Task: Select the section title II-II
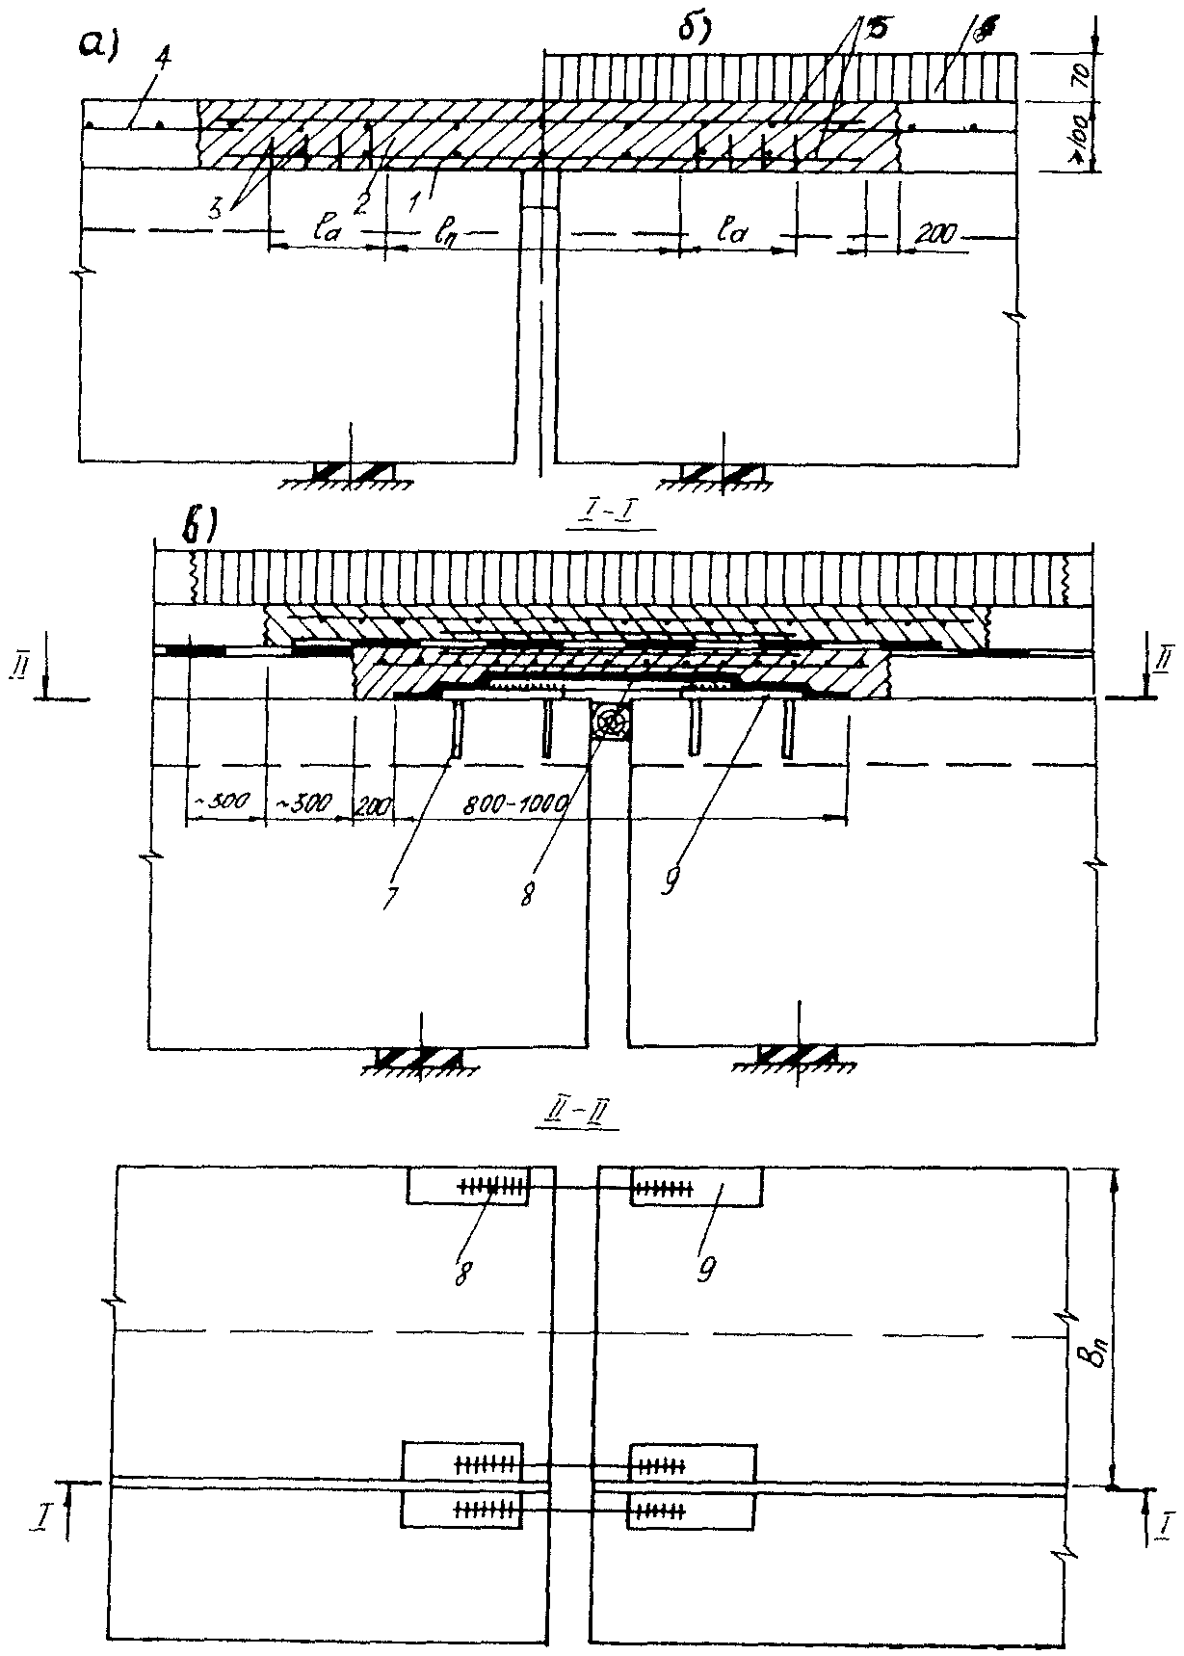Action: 589,1117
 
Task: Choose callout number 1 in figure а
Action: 415,199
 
